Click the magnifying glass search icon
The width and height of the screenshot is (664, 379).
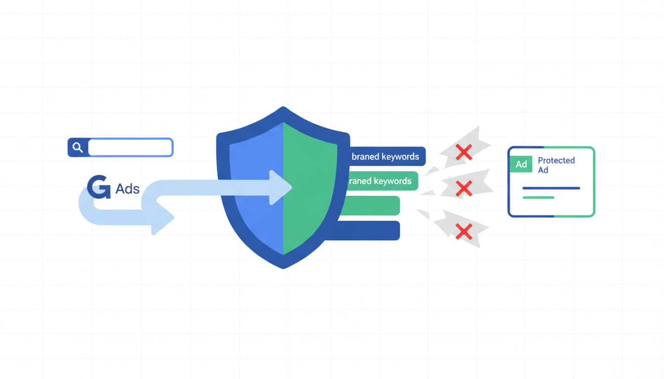(78, 147)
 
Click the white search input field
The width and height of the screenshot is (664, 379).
(130, 147)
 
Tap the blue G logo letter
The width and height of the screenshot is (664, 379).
(99, 188)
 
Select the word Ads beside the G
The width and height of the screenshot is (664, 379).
(127, 189)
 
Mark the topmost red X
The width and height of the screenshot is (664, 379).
(463, 152)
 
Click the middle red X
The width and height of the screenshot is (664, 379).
(463, 188)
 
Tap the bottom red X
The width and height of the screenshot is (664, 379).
(463, 231)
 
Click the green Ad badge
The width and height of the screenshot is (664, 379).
(521, 164)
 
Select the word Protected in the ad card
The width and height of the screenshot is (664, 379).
(556, 160)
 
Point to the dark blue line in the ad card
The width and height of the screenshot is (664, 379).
(551, 188)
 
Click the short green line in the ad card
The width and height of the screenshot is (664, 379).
(539, 197)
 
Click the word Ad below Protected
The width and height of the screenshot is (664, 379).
(543, 170)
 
